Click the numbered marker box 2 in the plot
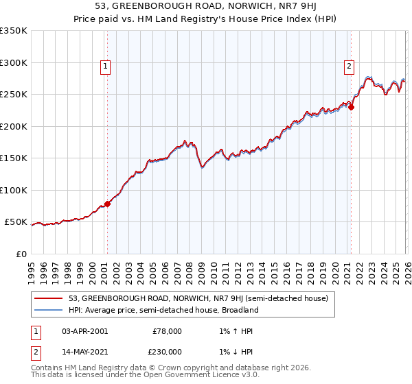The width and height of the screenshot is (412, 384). [349, 67]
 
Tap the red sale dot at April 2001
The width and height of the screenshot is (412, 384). [107, 204]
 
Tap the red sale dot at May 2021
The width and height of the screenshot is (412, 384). [351, 107]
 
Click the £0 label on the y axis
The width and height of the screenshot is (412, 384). [21, 254]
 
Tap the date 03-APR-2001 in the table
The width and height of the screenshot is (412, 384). [84, 331]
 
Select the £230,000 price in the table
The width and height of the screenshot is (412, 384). [167, 352]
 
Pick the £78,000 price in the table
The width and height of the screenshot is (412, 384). [167, 331]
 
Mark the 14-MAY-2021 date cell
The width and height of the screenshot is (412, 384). [84, 352]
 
